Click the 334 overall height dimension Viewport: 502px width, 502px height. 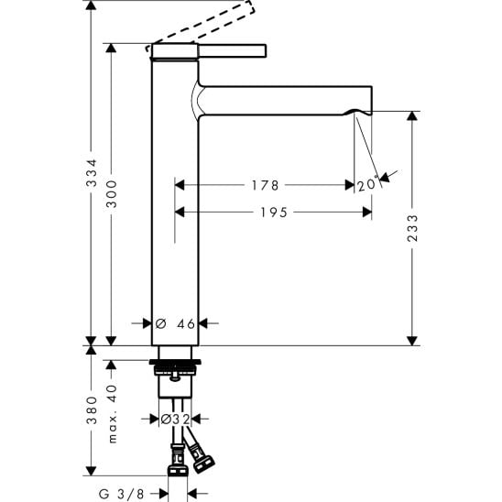(x=92, y=172)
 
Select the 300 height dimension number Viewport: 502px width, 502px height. (x=112, y=193)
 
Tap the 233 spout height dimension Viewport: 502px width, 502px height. (x=412, y=227)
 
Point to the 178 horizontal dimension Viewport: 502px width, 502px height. (x=265, y=185)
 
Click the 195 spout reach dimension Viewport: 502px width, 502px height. (x=274, y=213)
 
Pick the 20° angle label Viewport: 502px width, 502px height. (x=367, y=185)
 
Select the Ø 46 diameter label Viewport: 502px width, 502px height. (x=175, y=323)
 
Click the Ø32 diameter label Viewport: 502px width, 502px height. (x=175, y=419)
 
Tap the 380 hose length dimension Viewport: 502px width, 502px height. (x=92, y=410)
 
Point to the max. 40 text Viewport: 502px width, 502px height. (x=113, y=414)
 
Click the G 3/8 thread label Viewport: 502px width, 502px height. (x=122, y=494)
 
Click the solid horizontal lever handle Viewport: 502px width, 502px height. (x=233, y=51)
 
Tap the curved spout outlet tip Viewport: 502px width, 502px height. (x=358, y=112)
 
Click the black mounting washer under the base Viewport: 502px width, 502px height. (x=175, y=362)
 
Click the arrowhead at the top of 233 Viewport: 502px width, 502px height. (x=412, y=115)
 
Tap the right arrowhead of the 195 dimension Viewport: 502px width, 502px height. (x=367, y=212)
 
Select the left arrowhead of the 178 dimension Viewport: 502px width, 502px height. (x=180, y=185)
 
